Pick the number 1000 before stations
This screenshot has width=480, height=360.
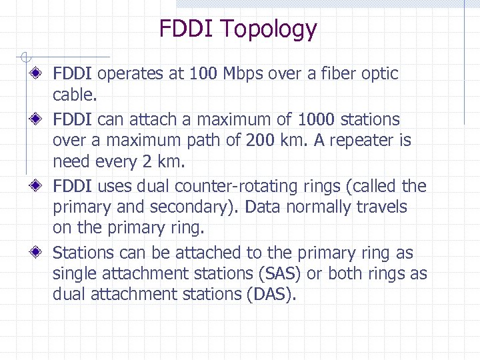pos(317,120)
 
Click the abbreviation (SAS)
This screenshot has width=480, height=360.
pos(281,274)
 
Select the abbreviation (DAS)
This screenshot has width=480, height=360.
pos(270,294)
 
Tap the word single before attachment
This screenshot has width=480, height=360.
pos(75,274)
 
